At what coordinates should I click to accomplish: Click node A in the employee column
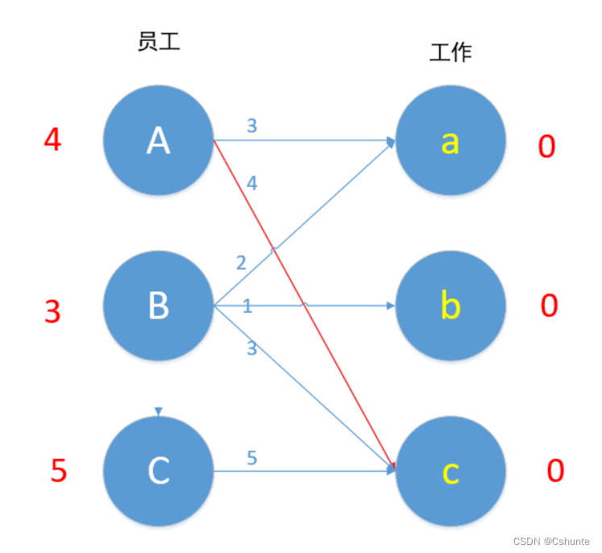pos(159,141)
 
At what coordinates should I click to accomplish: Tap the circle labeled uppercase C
pos(159,471)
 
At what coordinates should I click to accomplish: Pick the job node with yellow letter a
pos(451,141)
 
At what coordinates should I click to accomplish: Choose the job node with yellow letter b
pos(451,306)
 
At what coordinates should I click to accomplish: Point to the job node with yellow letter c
pos(451,471)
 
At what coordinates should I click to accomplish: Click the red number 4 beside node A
pos(52,141)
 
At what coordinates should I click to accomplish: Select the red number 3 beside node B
pos(52,311)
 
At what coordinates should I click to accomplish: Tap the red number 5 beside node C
pos(58,471)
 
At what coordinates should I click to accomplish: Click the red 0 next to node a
pos(547,147)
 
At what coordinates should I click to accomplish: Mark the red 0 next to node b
pos(550,306)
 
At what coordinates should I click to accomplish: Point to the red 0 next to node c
pos(555,471)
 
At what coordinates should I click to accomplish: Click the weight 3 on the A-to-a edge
pos(252,126)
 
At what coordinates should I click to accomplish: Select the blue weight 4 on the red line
pos(252,184)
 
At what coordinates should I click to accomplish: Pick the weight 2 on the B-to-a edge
pos(241,263)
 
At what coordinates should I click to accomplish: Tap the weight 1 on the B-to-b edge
pos(247,306)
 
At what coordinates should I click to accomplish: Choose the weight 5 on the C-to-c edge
pos(251,459)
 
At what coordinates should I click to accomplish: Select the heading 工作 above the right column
pos(450,53)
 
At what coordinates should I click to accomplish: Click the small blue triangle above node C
pos(159,412)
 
